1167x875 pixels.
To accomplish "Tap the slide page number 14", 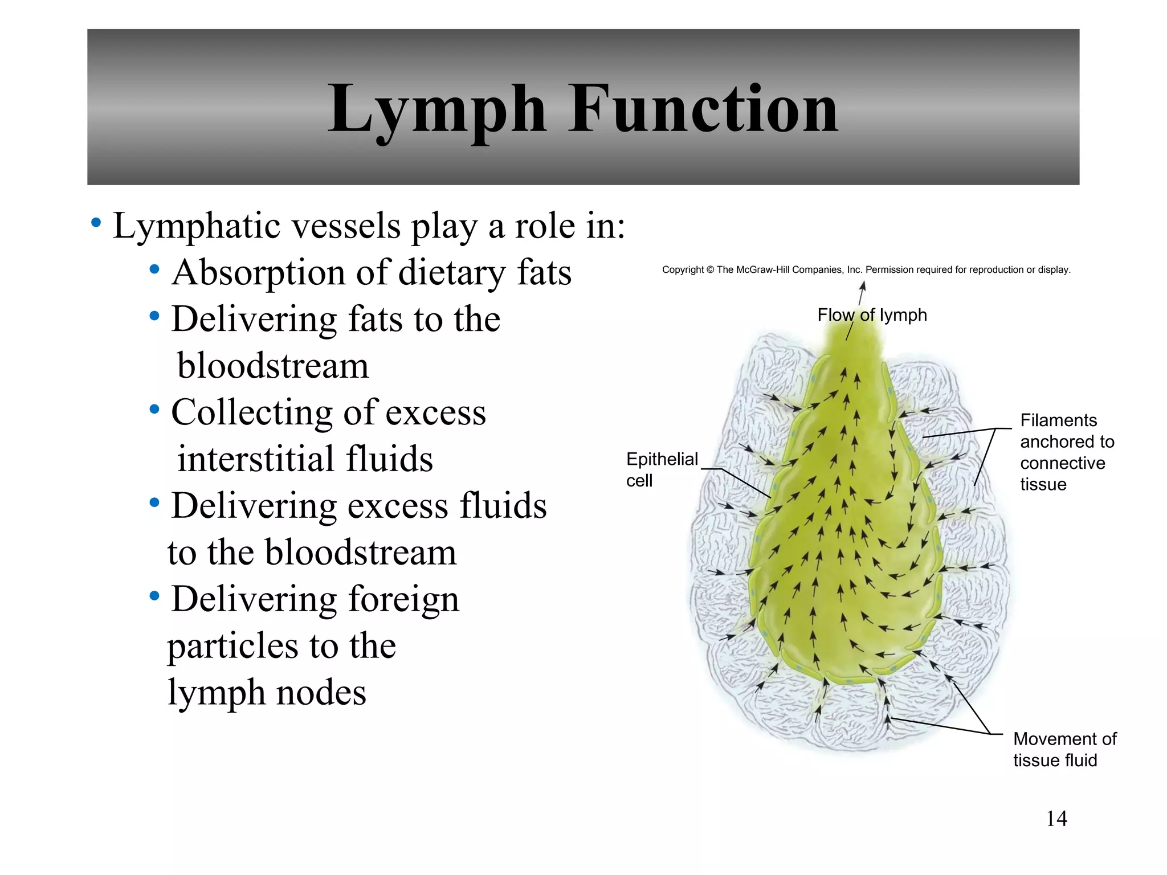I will tap(1056, 819).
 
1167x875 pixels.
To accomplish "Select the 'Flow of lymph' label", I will tap(872, 315).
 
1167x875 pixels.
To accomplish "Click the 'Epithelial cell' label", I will tap(661, 469).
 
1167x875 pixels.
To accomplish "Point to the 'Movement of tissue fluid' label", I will tap(1064, 749).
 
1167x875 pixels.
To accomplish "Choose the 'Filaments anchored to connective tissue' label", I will tap(1067, 452).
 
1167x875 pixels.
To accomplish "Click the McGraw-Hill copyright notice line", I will tap(866, 270).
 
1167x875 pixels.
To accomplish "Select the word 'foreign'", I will tap(403, 599).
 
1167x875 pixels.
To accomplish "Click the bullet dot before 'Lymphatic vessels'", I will tap(96, 222).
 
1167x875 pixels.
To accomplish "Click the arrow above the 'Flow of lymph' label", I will tap(862, 292).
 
